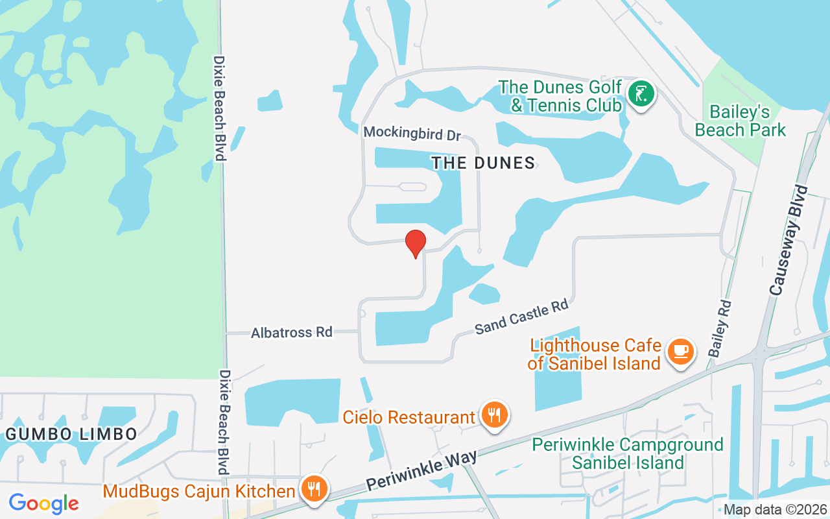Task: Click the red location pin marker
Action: pyautogui.click(x=416, y=243)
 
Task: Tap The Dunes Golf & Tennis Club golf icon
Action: pyautogui.click(x=641, y=95)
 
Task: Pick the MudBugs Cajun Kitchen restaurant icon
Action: pyautogui.click(x=314, y=489)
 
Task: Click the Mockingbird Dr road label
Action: pyautogui.click(x=412, y=133)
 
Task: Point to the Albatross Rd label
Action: pyautogui.click(x=292, y=333)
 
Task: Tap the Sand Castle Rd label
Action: pyautogui.click(x=521, y=317)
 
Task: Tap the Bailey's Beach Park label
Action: pyautogui.click(x=740, y=121)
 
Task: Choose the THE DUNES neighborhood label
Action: pyautogui.click(x=484, y=163)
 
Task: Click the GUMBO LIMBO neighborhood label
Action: pyautogui.click(x=71, y=434)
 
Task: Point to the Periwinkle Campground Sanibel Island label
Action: pyautogui.click(x=628, y=453)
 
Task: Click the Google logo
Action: pyautogui.click(x=44, y=503)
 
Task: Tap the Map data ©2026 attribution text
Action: pyautogui.click(x=775, y=510)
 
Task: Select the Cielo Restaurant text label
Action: pyautogui.click(x=409, y=417)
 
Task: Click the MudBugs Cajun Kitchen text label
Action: pyautogui.click(x=199, y=491)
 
